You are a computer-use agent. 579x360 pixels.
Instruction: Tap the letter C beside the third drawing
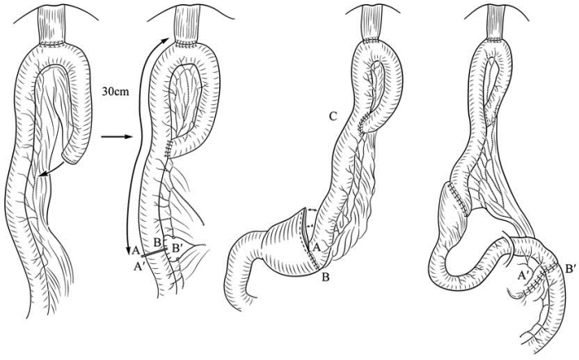[332, 116]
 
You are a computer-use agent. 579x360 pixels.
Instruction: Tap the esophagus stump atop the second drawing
[182, 28]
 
